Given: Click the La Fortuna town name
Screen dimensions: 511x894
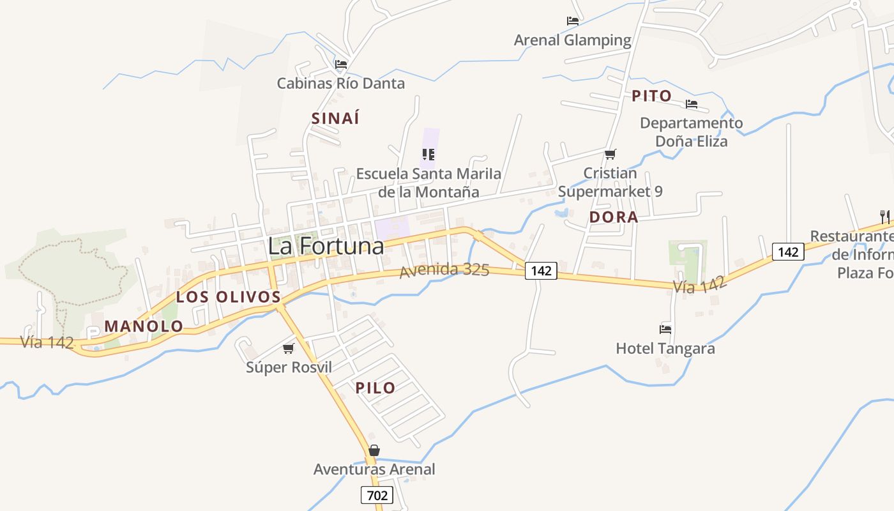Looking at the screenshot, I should click(326, 246).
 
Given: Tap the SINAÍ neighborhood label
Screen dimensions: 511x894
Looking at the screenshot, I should click(335, 118).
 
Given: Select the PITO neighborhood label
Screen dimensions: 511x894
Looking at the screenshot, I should click(651, 96).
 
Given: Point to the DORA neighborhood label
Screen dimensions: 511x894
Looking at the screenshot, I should click(614, 217).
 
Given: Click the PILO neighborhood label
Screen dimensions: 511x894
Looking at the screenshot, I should click(375, 388).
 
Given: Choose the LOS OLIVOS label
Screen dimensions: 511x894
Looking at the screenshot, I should click(229, 297).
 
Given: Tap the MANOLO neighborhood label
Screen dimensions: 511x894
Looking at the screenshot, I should click(144, 326).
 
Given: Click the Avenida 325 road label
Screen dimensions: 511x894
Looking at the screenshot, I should click(444, 270).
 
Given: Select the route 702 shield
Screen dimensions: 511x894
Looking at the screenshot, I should click(377, 495).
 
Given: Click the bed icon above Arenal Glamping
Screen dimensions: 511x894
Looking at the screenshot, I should click(573, 21).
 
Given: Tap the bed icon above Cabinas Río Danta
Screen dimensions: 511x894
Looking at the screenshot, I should click(341, 65).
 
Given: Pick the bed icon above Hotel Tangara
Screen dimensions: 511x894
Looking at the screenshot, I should click(665, 330).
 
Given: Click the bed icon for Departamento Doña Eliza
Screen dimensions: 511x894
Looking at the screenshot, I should click(692, 104).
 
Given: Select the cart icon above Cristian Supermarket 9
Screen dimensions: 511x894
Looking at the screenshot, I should click(610, 154).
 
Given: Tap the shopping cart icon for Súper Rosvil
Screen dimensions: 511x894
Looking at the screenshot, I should click(289, 349).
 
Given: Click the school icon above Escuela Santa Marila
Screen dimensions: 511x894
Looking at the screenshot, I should click(428, 154).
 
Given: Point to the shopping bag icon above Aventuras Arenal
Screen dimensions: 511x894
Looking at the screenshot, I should click(374, 450).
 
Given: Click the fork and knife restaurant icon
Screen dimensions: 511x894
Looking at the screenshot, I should click(884, 216).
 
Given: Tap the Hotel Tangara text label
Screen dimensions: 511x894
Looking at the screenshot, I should click(665, 349).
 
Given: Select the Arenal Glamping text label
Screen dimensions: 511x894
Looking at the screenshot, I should click(572, 40).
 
